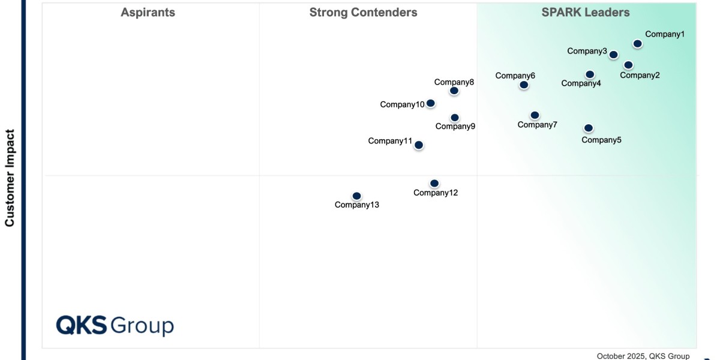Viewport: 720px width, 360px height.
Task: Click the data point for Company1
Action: (637, 44)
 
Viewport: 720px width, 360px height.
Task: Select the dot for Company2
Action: (628, 65)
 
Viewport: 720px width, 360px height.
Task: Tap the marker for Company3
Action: (613, 55)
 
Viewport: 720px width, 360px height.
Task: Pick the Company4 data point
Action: (590, 74)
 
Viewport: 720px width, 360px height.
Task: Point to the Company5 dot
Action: (589, 128)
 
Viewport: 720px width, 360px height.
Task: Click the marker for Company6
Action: (524, 85)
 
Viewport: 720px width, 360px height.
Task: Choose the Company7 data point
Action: (535, 115)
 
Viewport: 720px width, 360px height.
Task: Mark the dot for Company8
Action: (454, 91)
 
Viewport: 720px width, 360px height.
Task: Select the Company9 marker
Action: (455, 118)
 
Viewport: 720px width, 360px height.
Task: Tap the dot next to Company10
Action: (430, 103)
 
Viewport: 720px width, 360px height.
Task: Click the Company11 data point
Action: (419, 145)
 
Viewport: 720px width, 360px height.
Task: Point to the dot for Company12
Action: (434, 184)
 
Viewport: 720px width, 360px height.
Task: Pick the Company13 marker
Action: (356, 196)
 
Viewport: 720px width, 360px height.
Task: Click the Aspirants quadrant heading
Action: (148, 13)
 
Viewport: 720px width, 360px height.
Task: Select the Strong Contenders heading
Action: (364, 13)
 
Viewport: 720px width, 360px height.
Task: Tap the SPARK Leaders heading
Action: (586, 13)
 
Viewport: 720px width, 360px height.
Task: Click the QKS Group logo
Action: (115, 325)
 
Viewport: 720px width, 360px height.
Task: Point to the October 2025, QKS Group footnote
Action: (643, 356)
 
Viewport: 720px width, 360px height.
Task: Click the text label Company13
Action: (357, 205)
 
